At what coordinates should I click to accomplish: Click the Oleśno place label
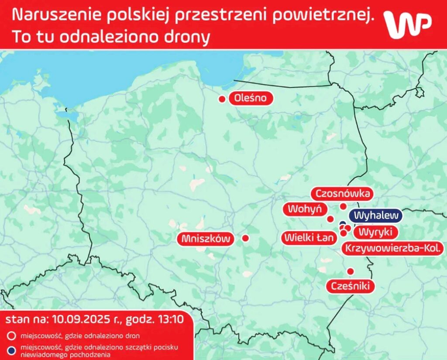point(251,98)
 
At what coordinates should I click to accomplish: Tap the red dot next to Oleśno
point(222,99)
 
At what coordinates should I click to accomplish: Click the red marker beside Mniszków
point(245,238)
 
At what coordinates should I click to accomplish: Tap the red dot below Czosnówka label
point(343,206)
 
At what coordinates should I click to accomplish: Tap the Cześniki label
point(350,286)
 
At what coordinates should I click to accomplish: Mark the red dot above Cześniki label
point(350,271)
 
